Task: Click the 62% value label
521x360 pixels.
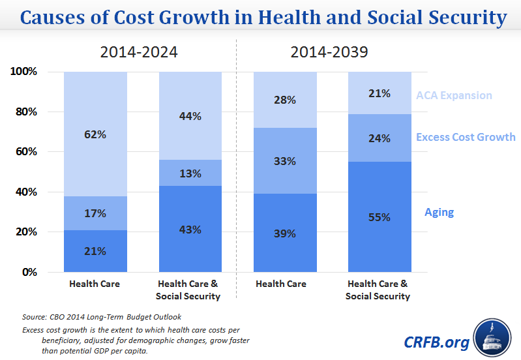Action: point(95,135)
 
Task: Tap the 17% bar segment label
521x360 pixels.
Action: point(95,213)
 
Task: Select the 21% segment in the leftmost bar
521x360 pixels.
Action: point(95,251)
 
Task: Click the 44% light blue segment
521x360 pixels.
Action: point(190,116)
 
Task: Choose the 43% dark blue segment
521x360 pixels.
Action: point(190,229)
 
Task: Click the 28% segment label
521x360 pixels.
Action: point(285,100)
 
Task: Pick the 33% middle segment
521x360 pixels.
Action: point(285,160)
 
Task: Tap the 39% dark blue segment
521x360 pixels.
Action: point(285,233)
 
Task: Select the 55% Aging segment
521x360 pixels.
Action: point(380,217)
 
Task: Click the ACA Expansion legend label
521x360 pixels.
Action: point(454,95)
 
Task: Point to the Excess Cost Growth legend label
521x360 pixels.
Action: point(466,137)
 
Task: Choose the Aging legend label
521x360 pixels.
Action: point(439,212)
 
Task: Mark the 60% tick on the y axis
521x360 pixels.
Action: point(25,152)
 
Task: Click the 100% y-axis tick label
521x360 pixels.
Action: point(23,71)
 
